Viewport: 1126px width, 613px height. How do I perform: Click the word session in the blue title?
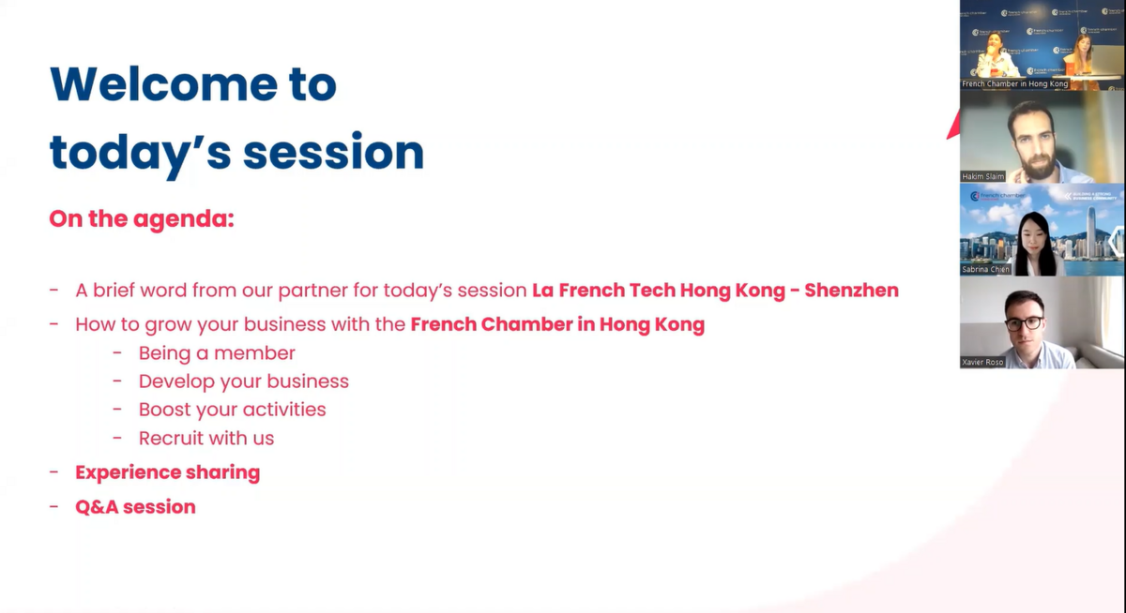334,152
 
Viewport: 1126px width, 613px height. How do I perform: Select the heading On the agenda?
142,219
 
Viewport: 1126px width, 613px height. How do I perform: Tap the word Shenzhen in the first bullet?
852,291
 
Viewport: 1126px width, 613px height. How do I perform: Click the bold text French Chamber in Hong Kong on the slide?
557,324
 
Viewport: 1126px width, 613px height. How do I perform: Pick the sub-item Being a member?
217,353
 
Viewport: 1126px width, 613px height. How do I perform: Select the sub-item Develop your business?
244,381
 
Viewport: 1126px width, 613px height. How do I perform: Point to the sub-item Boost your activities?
233,410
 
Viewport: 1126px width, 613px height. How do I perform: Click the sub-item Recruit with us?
206,439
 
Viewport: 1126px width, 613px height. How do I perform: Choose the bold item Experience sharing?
167,472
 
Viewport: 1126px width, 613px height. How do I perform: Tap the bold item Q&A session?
135,507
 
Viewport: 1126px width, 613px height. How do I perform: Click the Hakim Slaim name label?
982,176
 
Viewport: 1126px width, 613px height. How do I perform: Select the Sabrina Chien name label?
985,269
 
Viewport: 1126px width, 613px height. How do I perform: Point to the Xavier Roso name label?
982,362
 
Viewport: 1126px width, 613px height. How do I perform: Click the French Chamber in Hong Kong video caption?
1014,83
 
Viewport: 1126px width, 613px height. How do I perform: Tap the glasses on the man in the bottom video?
1024,323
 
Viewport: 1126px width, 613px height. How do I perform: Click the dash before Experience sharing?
53,471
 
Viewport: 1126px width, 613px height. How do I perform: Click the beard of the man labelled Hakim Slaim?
1037,164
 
